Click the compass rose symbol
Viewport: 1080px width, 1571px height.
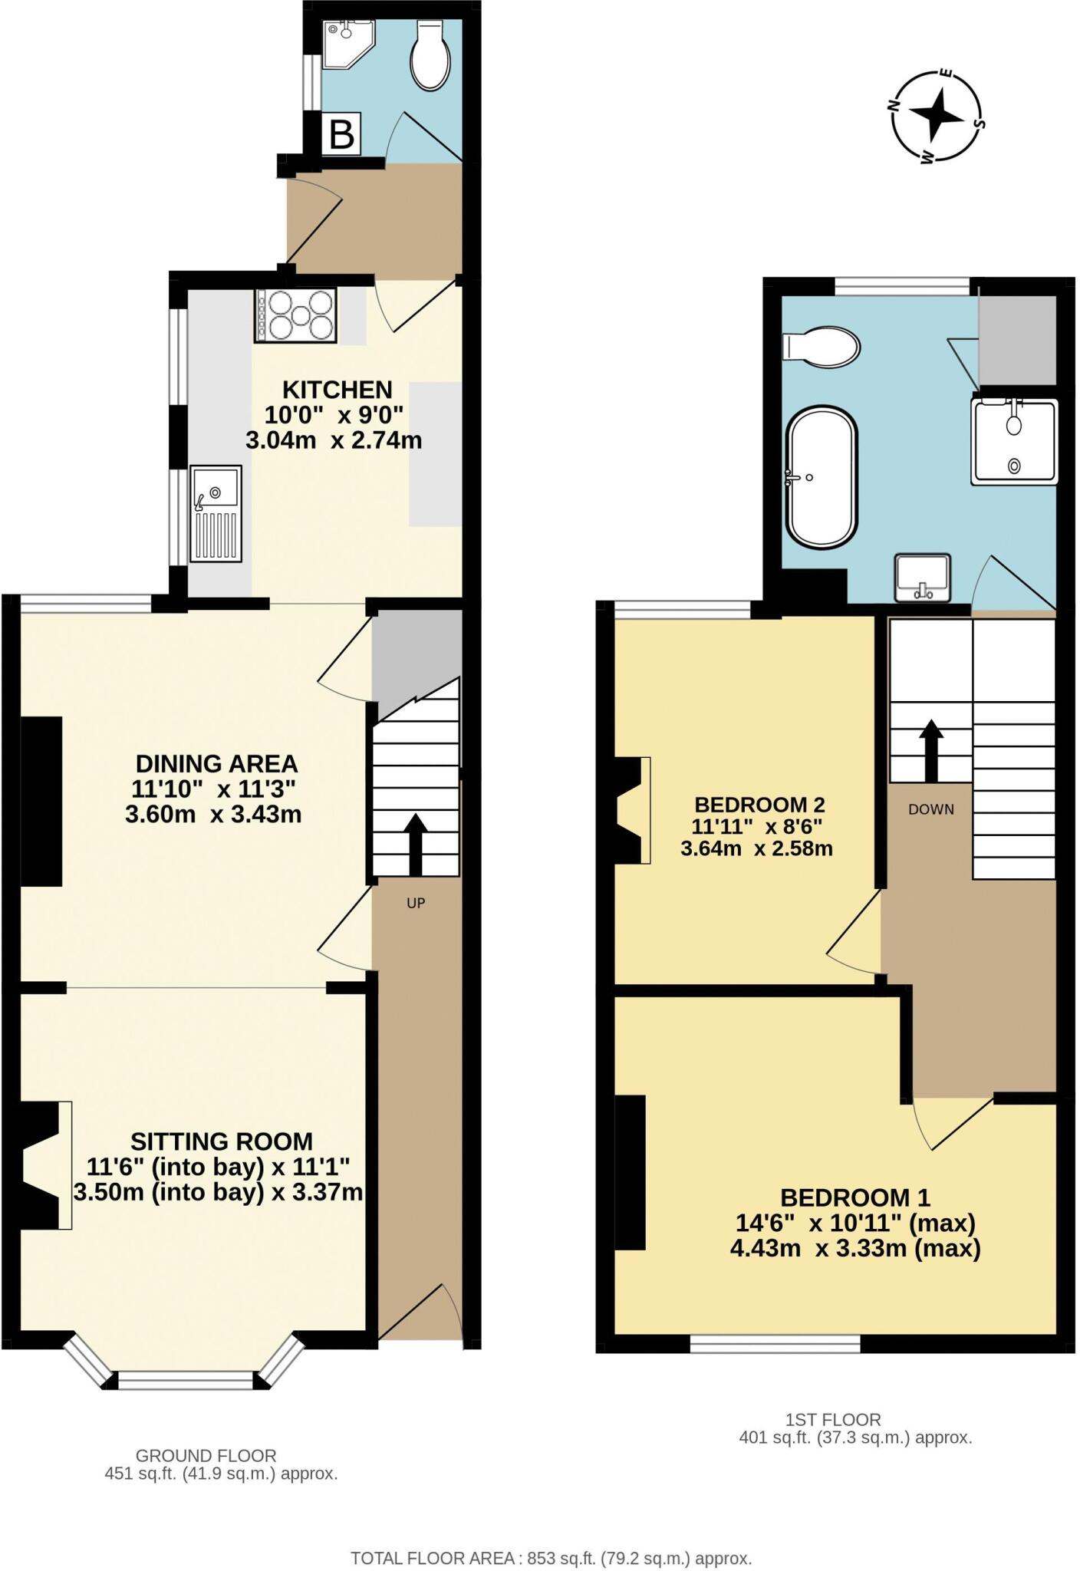pos(937,117)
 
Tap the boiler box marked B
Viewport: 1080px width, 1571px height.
pos(341,134)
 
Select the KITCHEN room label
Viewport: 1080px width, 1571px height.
pos(337,390)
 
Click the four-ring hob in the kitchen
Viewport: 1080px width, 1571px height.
pos(295,315)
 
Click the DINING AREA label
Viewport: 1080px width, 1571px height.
pos(216,763)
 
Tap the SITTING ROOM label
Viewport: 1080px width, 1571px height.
pos(221,1141)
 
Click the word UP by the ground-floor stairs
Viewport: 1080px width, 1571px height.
pos(416,903)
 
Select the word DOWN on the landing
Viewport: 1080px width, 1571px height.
pos(930,809)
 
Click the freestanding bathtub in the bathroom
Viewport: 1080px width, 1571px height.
pos(822,476)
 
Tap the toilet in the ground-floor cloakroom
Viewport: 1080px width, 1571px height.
pos(428,54)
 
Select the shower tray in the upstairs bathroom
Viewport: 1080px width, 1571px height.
pos(1014,442)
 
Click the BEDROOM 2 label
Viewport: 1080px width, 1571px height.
pos(759,805)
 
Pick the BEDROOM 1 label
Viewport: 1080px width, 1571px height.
pos(854,1197)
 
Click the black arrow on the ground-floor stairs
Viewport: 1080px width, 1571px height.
pos(416,844)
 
